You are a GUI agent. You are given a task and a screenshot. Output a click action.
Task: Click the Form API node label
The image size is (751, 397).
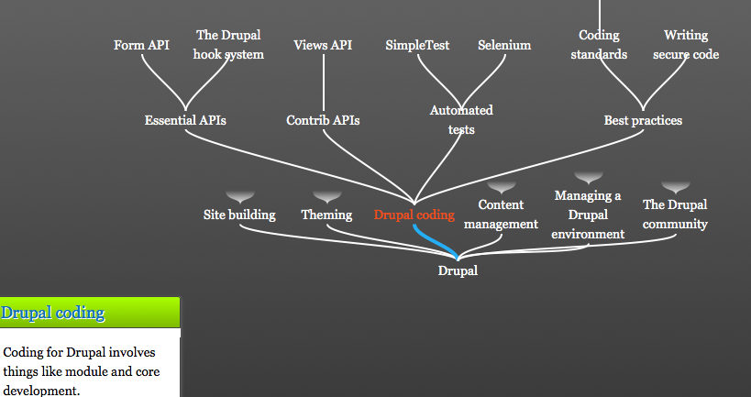coord(141,45)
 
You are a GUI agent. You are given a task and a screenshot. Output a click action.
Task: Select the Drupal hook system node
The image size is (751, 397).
coord(228,45)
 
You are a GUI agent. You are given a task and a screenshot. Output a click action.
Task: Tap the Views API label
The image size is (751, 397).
coord(323,45)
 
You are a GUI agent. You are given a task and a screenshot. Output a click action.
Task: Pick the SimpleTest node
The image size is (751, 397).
coord(417,45)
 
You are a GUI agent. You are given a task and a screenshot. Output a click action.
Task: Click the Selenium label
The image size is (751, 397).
coord(504,45)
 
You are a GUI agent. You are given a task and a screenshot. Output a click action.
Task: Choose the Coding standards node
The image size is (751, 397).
coord(599,45)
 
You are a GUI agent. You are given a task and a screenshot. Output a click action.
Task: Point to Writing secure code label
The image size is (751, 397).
coord(686,45)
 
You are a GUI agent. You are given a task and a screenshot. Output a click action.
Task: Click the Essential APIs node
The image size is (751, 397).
coord(185,120)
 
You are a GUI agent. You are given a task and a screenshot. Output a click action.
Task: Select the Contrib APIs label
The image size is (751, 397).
coord(323,120)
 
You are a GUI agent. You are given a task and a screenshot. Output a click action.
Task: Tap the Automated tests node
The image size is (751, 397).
coord(461,120)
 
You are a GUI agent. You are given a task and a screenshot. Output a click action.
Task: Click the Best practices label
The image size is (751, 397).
coord(643,120)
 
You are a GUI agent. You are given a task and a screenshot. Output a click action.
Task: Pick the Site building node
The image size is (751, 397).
coord(239,215)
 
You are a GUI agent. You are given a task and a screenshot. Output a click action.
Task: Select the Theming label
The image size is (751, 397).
coord(326,215)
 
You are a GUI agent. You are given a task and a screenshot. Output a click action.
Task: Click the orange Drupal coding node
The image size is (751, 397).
coord(414,215)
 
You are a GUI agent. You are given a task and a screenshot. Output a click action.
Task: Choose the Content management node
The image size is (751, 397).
coord(501,214)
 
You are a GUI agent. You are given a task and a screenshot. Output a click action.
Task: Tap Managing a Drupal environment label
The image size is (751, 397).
coord(588,215)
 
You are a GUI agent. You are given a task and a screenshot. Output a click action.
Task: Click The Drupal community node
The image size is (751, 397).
coord(675,214)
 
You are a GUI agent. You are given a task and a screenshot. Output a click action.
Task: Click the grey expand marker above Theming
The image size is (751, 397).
coord(327,197)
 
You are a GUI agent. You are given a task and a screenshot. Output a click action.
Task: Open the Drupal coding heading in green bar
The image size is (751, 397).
coord(52,313)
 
